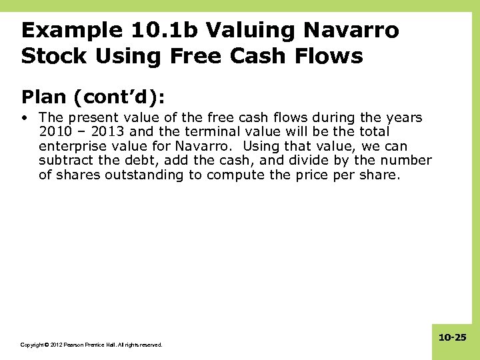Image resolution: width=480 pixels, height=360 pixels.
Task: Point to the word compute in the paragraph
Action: (x=235, y=175)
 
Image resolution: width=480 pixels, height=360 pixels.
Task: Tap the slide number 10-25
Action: (x=453, y=338)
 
